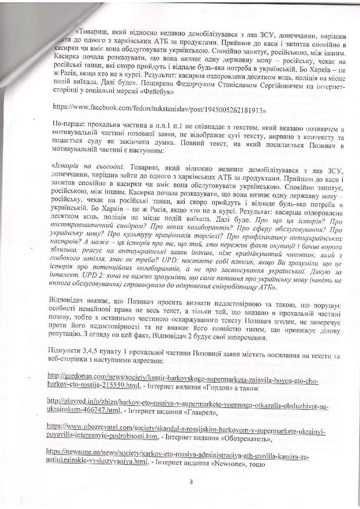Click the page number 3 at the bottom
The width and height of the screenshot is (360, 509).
tap(191, 481)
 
